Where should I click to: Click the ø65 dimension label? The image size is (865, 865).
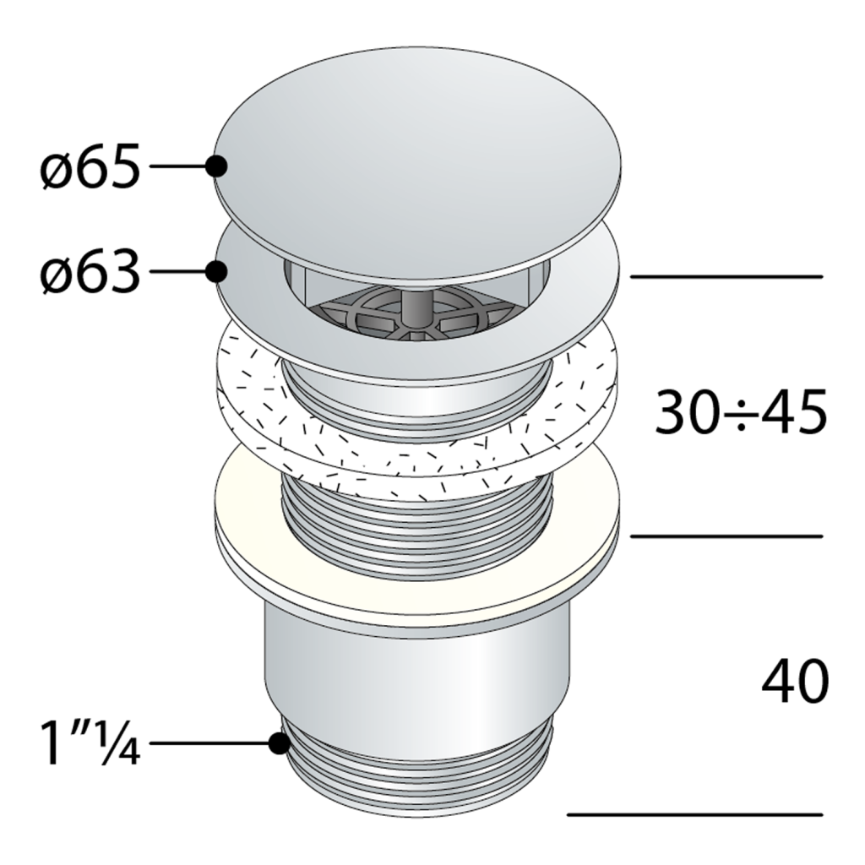pos(90,166)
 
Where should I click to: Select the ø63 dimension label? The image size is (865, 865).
pos(90,271)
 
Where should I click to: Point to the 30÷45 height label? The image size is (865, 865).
pos(740,411)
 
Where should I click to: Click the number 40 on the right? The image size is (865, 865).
pos(795,680)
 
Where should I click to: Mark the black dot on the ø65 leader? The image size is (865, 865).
pos(216,166)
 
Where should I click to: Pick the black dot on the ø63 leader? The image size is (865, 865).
pos(216,271)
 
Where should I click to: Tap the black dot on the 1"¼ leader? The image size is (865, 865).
pos(280,743)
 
